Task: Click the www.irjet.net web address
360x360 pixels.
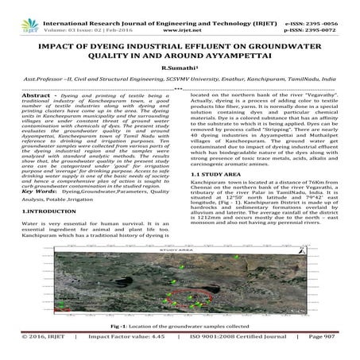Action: tap(182, 13)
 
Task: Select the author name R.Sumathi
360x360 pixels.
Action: tap(179, 58)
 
